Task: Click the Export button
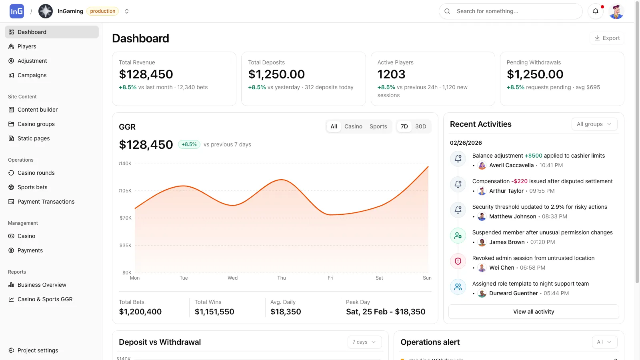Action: click(607, 38)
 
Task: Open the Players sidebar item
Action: click(27, 46)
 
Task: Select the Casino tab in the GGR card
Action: click(353, 126)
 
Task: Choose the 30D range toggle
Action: click(420, 126)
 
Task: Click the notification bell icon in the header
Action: click(595, 11)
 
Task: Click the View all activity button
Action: click(534, 312)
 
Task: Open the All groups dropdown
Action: click(594, 124)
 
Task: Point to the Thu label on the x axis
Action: click(282, 278)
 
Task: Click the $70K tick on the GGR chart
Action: click(126, 218)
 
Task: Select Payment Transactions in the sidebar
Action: click(46, 202)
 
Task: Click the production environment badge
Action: click(102, 11)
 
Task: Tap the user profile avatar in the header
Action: click(616, 11)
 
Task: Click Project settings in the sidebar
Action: click(38, 350)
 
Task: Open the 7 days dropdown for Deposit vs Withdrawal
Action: click(364, 342)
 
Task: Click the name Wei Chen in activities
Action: click(502, 268)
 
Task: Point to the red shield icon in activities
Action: click(458, 261)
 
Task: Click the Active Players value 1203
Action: click(391, 74)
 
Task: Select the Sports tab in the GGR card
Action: click(378, 126)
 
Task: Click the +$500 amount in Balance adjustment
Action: click(533, 156)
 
